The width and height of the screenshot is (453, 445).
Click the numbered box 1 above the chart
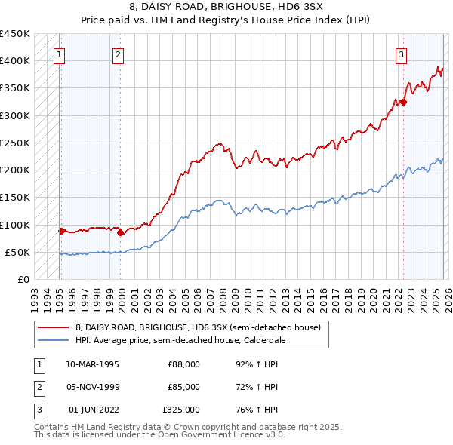click(59, 54)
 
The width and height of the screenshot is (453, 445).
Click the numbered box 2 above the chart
click(119, 54)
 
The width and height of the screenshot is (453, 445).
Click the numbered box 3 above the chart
click(402, 54)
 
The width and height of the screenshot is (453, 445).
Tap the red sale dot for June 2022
click(403, 102)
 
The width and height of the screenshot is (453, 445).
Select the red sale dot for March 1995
click(61, 231)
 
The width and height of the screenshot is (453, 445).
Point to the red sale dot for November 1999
click(121, 232)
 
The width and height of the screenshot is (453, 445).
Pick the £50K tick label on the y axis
click(17, 252)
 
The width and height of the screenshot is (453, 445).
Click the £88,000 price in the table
click(183, 364)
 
